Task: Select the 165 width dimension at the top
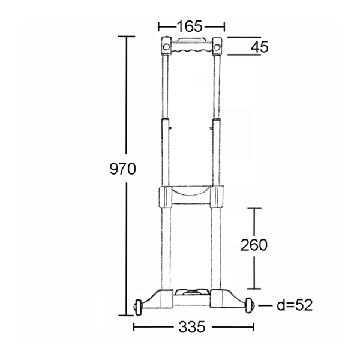(x=190, y=26)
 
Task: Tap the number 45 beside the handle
(x=259, y=47)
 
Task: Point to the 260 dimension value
(x=253, y=245)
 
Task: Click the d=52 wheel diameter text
(x=295, y=305)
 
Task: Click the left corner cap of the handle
(x=167, y=45)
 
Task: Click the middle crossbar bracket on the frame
(x=191, y=196)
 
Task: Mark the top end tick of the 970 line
(x=126, y=37)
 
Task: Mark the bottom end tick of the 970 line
(x=126, y=314)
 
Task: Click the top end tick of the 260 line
(x=256, y=208)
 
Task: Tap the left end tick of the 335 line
(x=134, y=328)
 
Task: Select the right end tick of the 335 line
(x=253, y=328)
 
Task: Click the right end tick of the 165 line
(x=224, y=26)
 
